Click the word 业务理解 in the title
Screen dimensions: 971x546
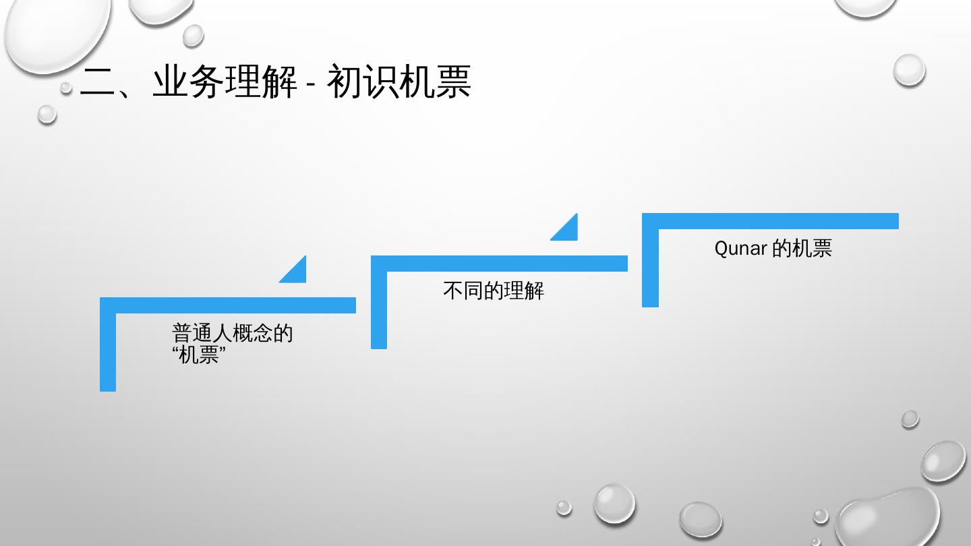tap(224, 83)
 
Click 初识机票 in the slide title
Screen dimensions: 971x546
tap(398, 83)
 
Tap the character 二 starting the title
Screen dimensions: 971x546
tap(98, 83)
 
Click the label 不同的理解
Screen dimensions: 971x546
tap(493, 291)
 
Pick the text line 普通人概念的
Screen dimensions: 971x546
tap(232, 333)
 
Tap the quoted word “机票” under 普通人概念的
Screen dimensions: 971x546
tap(198, 355)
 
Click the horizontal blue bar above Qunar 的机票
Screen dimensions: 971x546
tap(770, 221)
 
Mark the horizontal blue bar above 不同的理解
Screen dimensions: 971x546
tap(499, 264)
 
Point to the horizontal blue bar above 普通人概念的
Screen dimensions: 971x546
tap(228, 305)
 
